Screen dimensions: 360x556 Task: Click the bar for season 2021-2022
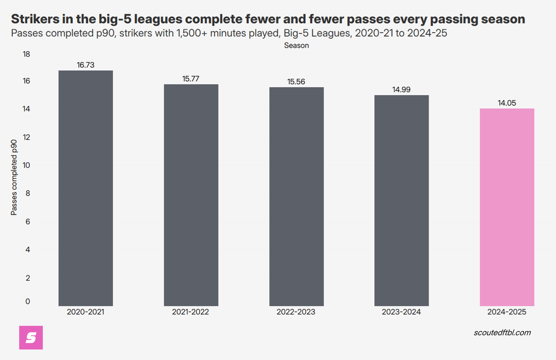tap(191, 195)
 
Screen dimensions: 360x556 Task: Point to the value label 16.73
tap(86, 65)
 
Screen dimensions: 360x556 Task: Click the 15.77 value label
tap(191, 79)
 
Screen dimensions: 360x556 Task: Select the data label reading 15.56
tap(296, 82)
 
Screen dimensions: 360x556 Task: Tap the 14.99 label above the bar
tap(401, 89)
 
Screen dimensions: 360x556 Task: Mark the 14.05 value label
tap(507, 103)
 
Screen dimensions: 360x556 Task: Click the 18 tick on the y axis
tap(26, 54)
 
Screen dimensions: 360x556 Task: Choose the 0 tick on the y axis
tap(28, 302)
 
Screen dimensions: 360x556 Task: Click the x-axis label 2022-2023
tap(296, 312)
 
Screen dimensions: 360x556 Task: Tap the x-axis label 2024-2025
tap(507, 312)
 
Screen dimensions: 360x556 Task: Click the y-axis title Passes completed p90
tap(14, 178)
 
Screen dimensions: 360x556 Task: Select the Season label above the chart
tap(296, 46)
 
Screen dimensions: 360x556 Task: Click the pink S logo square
tap(31, 337)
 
